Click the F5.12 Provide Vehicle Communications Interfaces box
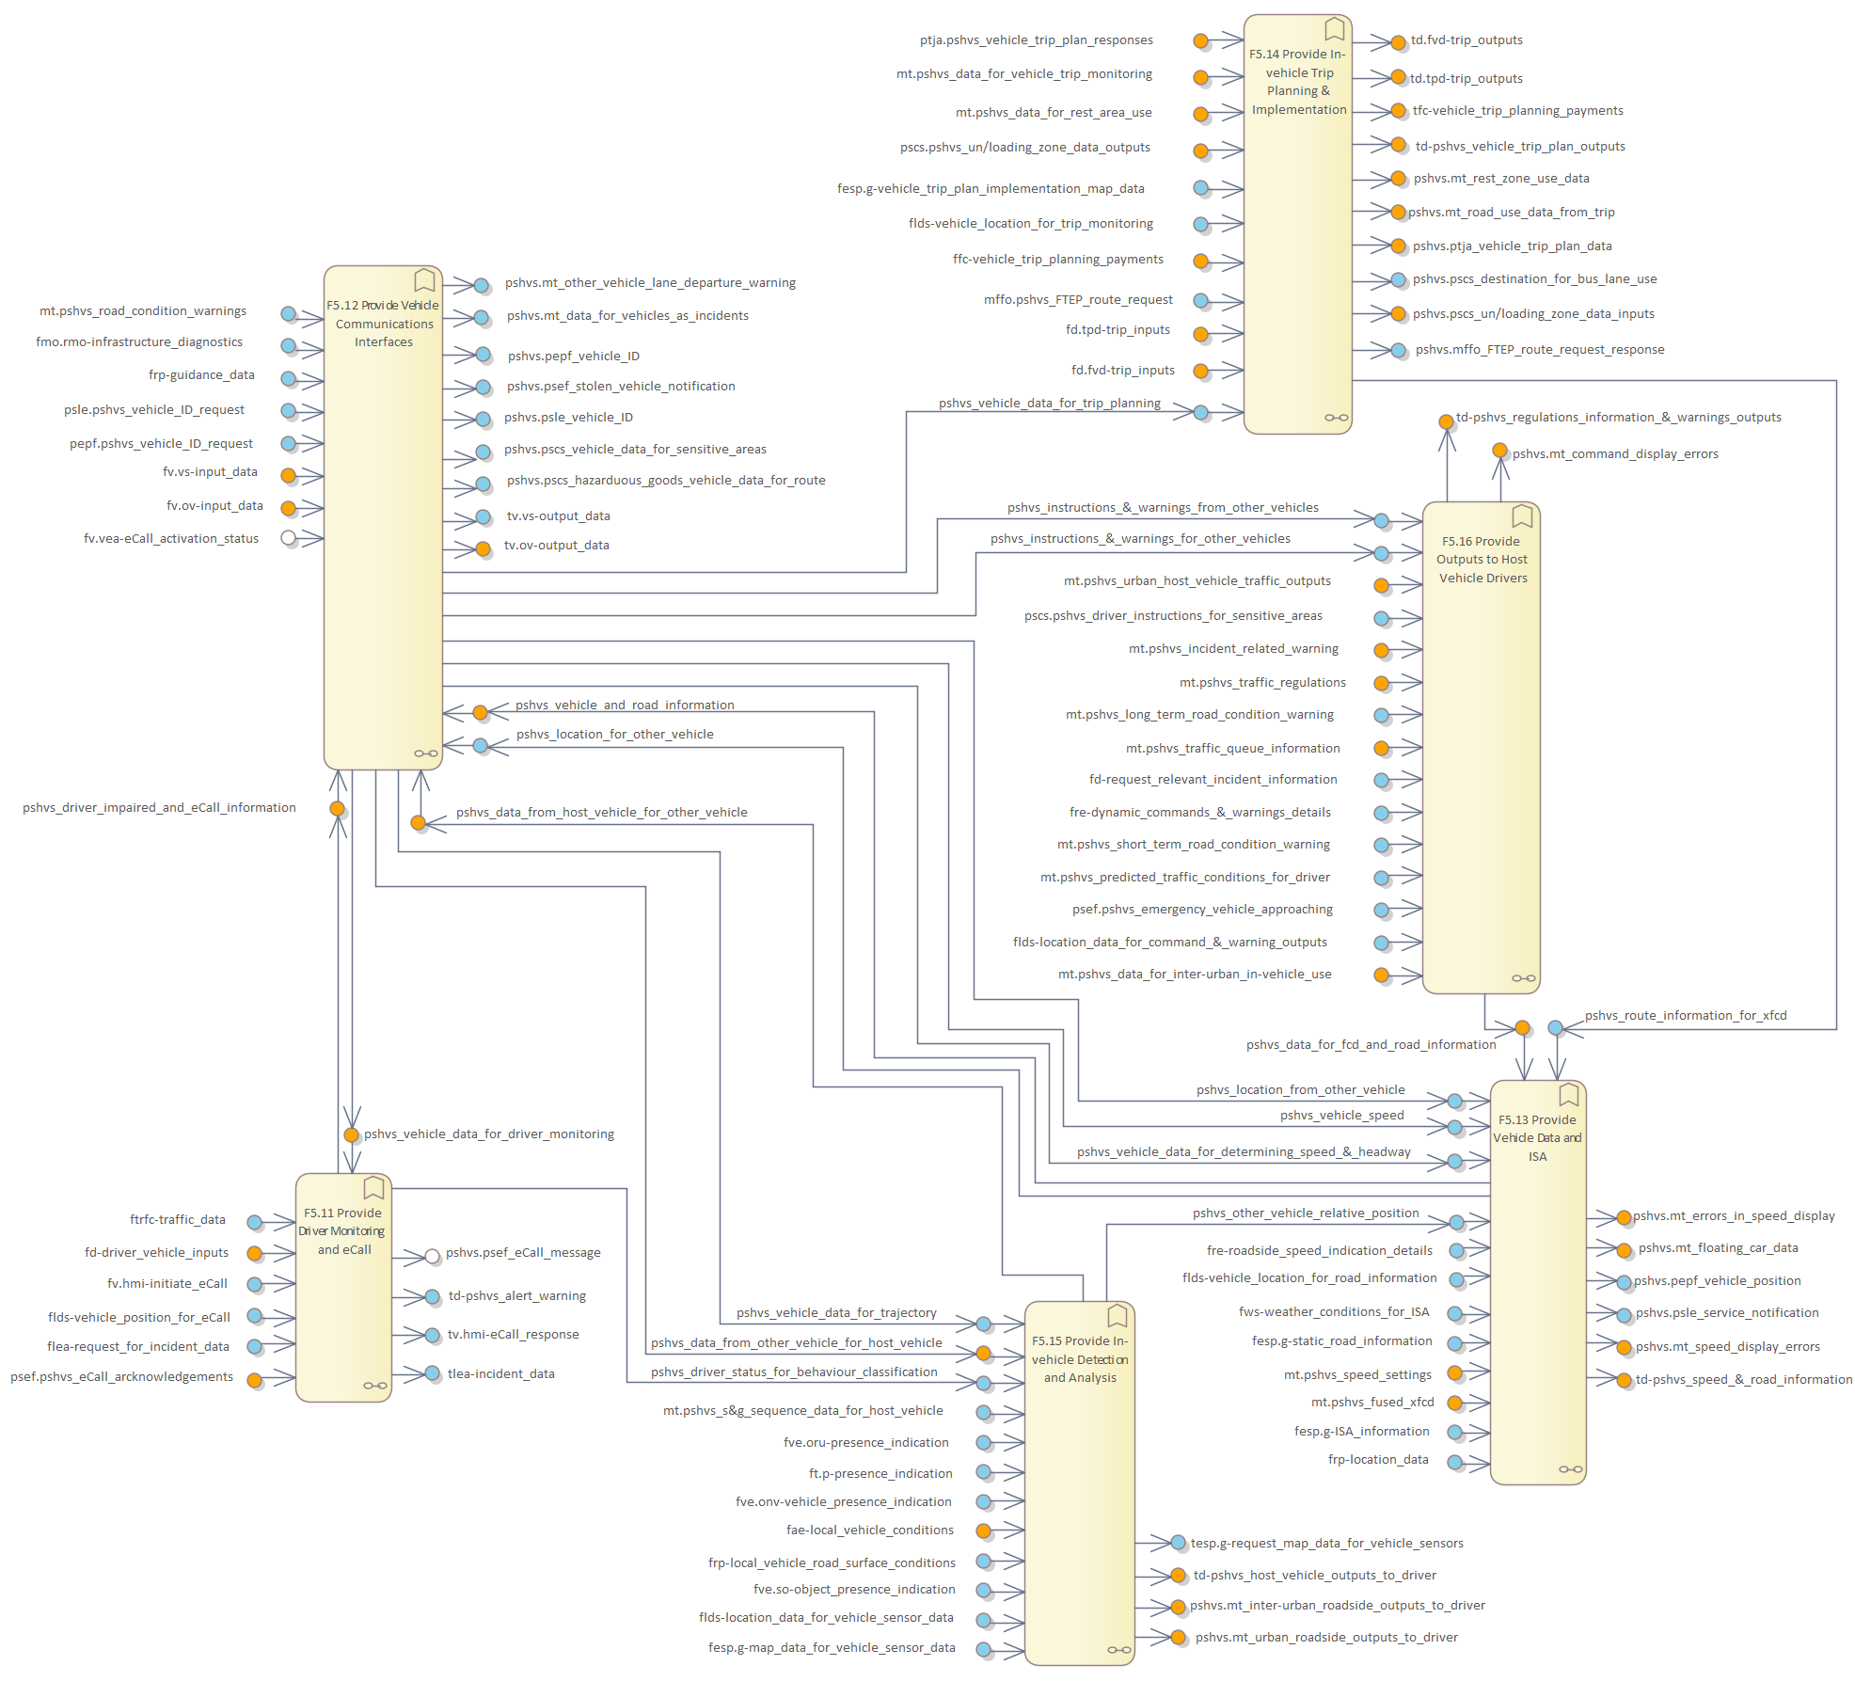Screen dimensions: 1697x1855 coord(383,517)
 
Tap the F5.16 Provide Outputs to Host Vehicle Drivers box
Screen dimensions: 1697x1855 coord(1481,753)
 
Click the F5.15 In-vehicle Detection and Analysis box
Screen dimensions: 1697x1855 coord(1079,1486)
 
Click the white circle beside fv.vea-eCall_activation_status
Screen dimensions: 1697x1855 coord(289,538)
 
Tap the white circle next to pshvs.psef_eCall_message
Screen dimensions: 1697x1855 coord(432,1256)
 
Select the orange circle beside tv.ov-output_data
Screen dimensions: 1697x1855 coord(483,548)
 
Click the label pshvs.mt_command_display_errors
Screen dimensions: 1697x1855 coord(1614,454)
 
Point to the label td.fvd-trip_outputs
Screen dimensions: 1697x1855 coord(1466,40)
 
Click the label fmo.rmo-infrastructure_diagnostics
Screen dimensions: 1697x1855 coord(139,342)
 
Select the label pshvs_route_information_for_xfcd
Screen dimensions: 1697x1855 coord(1685,1016)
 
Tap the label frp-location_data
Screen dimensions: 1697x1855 coord(1377,1460)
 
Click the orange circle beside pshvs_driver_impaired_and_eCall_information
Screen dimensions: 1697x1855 coord(337,809)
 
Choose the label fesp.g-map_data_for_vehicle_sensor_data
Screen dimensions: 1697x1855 coord(832,1648)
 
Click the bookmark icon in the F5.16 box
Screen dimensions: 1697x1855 coord(1522,515)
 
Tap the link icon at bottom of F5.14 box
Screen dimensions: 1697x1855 coord(1336,418)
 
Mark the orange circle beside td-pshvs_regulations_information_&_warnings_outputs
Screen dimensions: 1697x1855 coord(1446,421)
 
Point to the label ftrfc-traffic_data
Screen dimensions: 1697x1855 coord(178,1220)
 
